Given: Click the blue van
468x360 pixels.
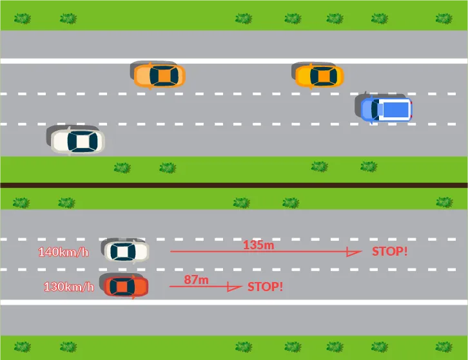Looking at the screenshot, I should pyautogui.click(x=385, y=108).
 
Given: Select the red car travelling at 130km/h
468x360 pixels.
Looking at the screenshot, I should pyautogui.click(x=125, y=286).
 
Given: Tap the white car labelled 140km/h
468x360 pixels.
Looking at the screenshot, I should pyautogui.click(x=126, y=251).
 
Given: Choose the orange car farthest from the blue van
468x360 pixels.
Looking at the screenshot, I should pyautogui.click(x=159, y=76).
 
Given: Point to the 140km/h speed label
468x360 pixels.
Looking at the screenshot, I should pyautogui.click(x=63, y=252).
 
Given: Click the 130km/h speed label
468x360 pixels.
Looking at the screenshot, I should pyautogui.click(x=68, y=287).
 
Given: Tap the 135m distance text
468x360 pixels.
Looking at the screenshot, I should pyautogui.click(x=258, y=245).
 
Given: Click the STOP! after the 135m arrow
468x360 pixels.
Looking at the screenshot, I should pyautogui.click(x=389, y=251).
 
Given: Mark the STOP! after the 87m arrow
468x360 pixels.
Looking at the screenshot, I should pyautogui.click(x=265, y=286).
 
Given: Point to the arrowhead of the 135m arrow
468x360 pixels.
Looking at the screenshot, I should pyautogui.click(x=353, y=252).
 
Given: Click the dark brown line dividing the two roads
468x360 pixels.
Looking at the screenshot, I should pyautogui.click(x=234, y=185).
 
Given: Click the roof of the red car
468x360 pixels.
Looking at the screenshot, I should pyautogui.click(x=121, y=286).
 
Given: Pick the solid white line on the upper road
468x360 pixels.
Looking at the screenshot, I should pyautogui.click(x=234, y=61).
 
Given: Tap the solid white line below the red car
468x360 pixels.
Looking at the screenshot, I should pyautogui.click(x=234, y=302).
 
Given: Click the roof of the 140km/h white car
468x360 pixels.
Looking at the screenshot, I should pyautogui.click(x=122, y=251).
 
